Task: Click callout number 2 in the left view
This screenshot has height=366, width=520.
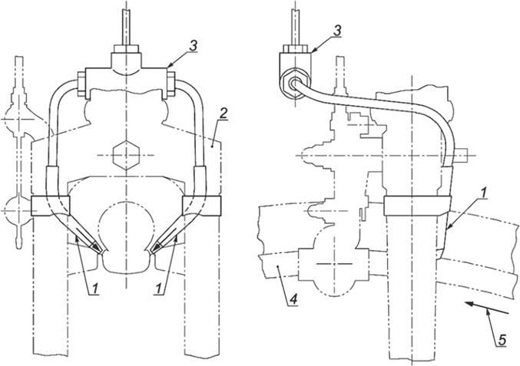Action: pos(224,114)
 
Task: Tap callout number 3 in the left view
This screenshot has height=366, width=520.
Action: pos(193,46)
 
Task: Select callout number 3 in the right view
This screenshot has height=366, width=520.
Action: pos(336,31)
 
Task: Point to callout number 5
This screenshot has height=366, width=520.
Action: pos(502,340)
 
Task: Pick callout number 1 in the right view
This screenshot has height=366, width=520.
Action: pos(484,194)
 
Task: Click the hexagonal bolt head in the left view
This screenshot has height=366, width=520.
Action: pos(126,155)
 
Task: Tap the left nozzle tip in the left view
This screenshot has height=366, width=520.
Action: pos(98,249)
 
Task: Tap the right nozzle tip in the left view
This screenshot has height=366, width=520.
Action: pos(154,249)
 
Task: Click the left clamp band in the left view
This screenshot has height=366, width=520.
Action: pos(51,206)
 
